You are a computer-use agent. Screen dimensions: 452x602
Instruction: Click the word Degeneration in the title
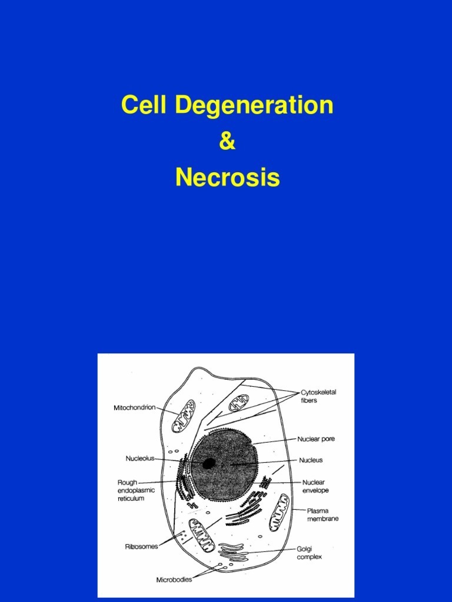point(254,106)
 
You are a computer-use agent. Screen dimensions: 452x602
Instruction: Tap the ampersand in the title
point(227,142)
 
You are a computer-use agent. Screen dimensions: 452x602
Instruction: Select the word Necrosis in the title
point(227,177)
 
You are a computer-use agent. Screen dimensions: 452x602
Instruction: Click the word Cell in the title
point(144,105)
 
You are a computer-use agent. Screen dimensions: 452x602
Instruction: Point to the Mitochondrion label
point(134,407)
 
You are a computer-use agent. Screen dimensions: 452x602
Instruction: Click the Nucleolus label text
point(139,458)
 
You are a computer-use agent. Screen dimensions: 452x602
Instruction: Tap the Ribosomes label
point(141,546)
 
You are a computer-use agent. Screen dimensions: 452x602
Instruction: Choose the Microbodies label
point(174,579)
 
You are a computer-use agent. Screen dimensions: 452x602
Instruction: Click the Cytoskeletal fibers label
point(318,396)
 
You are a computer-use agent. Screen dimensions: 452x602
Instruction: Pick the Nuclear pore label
point(316,439)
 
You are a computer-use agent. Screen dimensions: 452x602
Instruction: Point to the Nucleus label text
point(310,460)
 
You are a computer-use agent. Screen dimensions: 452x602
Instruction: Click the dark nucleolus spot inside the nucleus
point(208,463)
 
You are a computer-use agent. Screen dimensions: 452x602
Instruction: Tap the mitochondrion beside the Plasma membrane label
point(278,511)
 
